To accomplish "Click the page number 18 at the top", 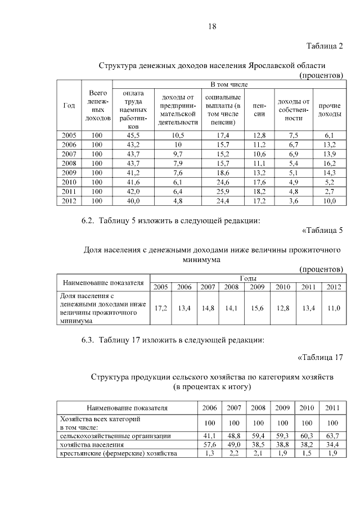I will coord(212,26).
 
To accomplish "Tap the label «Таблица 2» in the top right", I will coord(325,45).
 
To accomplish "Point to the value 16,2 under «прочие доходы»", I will coord(330,163).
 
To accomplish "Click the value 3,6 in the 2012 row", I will coord(294,201).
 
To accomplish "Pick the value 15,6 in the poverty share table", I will coord(257,308).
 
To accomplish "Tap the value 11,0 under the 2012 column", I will coord(334,308).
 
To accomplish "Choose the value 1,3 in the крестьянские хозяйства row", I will coord(208,453).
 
